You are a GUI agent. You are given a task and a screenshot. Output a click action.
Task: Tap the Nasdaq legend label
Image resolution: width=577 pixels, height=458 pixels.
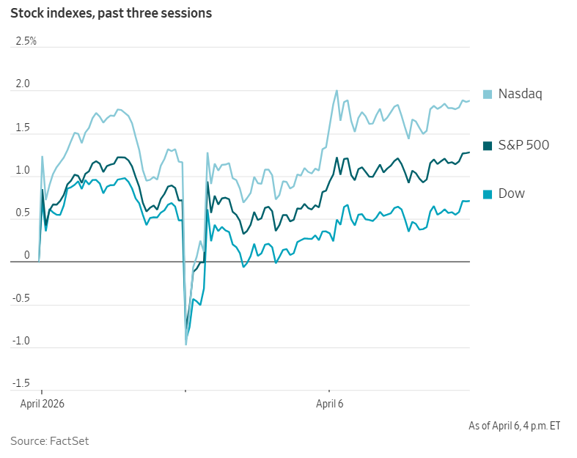[520, 94]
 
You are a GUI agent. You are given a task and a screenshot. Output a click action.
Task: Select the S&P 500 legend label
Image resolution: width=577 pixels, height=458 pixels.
[523, 145]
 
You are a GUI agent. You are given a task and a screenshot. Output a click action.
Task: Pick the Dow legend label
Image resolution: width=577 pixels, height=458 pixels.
[512, 193]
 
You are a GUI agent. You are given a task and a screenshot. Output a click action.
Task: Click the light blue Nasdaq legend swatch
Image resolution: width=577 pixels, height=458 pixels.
[488, 94]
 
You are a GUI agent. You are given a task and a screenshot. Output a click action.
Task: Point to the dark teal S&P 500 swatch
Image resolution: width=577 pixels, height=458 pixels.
[488, 145]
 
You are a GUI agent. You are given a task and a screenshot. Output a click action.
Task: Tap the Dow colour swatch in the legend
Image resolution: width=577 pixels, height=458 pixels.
[488, 193]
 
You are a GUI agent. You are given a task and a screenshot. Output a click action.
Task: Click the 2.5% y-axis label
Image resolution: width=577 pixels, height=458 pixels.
[26, 41]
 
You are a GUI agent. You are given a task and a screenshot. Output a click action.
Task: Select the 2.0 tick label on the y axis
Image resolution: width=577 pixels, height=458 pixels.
[23, 84]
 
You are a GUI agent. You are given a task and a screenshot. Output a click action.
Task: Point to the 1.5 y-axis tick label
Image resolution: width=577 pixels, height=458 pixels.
[23, 128]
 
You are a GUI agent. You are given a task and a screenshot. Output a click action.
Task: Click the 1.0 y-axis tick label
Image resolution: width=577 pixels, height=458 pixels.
[23, 170]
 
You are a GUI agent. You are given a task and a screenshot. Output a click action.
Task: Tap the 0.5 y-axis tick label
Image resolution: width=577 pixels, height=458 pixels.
[23, 213]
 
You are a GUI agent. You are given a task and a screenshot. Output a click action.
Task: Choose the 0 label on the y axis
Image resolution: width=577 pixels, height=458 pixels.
[26, 255]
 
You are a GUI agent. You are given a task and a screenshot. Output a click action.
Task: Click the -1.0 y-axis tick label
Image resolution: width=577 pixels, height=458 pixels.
[21, 341]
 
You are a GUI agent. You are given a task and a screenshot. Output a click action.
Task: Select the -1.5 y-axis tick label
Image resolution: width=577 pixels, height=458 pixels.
[21, 383]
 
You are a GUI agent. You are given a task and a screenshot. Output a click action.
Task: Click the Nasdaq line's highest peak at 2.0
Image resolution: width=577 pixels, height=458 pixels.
[337, 91]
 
